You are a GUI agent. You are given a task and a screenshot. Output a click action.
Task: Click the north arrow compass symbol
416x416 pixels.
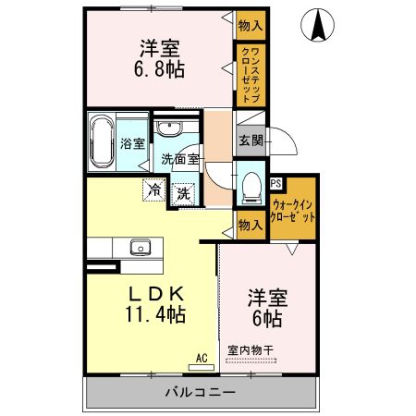click(x=317, y=25)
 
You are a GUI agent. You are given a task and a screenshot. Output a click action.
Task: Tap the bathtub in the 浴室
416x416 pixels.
click(x=101, y=141)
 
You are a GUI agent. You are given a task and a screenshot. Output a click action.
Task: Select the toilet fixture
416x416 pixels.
click(x=251, y=188)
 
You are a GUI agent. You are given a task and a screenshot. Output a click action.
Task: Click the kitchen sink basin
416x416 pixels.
click(x=141, y=247)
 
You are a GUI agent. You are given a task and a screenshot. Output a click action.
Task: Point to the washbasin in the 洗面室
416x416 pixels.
click(x=169, y=128)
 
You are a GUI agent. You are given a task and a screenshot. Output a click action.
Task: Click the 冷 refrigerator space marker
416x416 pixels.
click(x=154, y=190)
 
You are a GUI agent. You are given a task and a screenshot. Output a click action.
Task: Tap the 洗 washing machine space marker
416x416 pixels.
click(x=184, y=194)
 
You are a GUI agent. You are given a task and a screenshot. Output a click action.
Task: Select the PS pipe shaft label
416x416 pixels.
click(x=275, y=183)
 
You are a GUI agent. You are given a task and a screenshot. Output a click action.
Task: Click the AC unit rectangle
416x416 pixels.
click(x=202, y=367)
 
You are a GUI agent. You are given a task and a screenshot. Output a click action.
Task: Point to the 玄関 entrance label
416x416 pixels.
click(x=251, y=141)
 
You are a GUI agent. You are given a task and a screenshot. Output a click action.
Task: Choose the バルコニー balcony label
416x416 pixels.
click(x=201, y=392)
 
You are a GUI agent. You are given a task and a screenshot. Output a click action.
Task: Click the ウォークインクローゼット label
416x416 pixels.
click(x=293, y=211)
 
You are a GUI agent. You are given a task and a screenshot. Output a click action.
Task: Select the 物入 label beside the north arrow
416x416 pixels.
click(x=251, y=26)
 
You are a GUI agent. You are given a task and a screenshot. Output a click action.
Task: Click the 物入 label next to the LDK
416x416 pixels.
click(x=251, y=226)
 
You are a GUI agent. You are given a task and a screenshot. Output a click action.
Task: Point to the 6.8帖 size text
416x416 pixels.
click(x=159, y=69)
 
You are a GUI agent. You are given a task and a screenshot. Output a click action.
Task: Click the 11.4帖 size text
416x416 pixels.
click(x=155, y=314)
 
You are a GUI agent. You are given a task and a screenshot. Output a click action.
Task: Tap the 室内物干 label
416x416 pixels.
click(x=251, y=350)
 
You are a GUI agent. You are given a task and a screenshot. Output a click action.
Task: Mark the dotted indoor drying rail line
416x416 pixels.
click(x=251, y=360)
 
